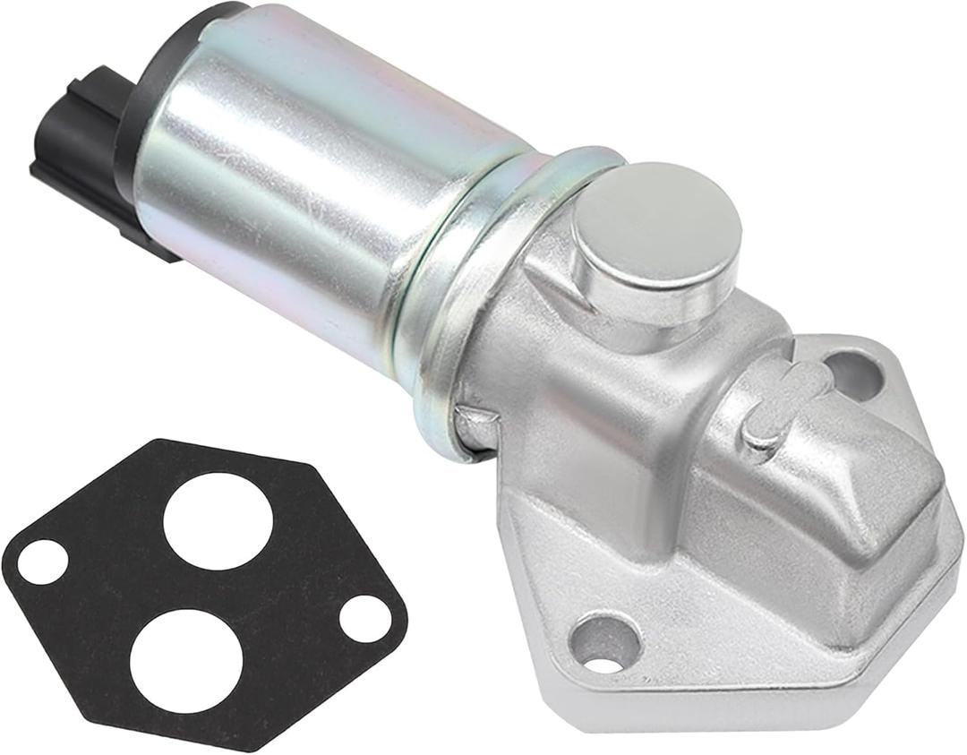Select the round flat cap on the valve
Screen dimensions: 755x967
click(x=655, y=224)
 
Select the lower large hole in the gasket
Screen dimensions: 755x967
click(x=187, y=659)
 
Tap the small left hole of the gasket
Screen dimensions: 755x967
click(x=42, y=562)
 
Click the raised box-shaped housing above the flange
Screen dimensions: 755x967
click(x=806, y=502)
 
